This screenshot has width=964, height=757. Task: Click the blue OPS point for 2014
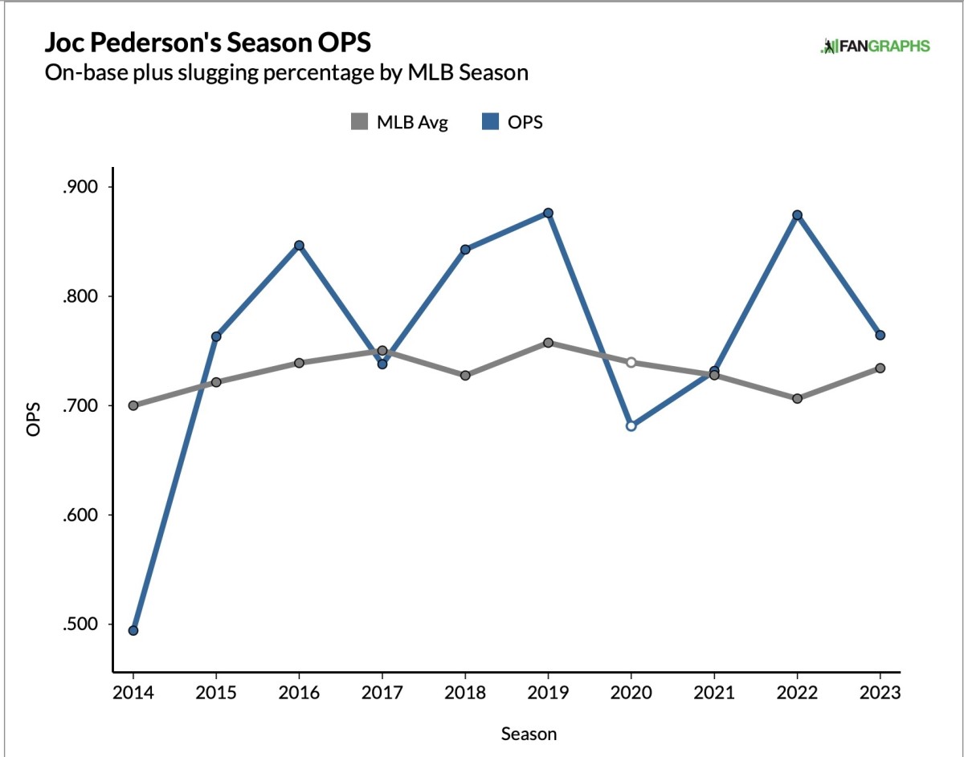pos(133,630)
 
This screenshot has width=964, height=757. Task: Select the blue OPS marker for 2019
pos(548,213)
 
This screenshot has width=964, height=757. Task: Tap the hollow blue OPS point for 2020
pos(631,425)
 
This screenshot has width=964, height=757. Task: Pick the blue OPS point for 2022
pos(797,215)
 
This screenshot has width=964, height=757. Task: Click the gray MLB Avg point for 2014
pos(133,405)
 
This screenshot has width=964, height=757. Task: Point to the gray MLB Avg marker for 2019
pos(548,343)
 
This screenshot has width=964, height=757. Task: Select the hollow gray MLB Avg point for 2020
pos(631,362)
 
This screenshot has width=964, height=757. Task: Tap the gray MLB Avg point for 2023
pos(880,368)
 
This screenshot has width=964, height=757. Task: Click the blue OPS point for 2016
pos(299,246)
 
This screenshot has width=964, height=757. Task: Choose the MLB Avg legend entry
pos(399,122)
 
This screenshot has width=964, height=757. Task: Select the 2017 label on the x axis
pos(382,692)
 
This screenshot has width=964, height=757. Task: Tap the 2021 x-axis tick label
pos(714,692)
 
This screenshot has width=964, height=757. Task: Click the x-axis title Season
pos(529,734)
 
